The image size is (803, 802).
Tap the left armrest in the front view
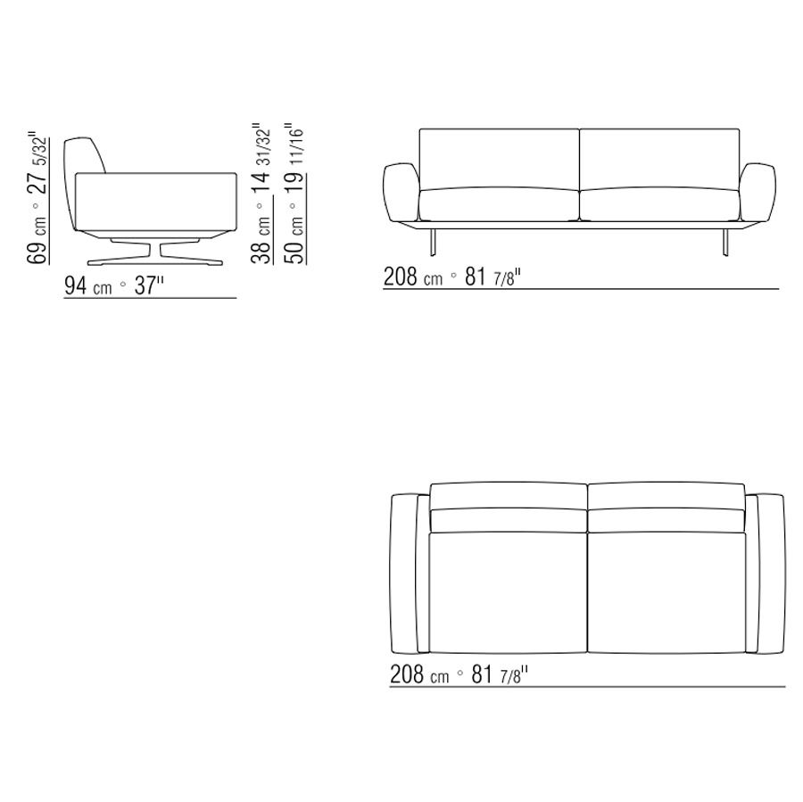(401, 192)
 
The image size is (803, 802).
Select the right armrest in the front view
(757, 192)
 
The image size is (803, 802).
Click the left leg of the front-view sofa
(434, 242)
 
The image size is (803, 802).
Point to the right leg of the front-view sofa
(725, 242)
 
